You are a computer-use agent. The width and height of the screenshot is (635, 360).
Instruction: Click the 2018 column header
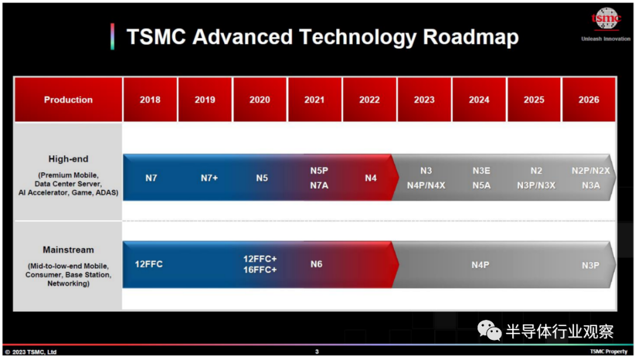point(150,99)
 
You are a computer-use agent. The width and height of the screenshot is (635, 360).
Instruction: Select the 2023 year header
point(424,99)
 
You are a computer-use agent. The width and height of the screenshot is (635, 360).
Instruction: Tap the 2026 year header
point(589,99)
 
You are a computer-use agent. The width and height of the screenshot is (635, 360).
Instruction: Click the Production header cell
point(68,99)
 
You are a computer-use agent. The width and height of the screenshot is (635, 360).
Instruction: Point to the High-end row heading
point(68,159)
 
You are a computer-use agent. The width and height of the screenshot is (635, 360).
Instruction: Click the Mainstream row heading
point(68,250)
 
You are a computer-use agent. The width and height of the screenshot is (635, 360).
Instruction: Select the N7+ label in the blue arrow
point(209,178)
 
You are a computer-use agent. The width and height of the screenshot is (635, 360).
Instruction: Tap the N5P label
point(319,171)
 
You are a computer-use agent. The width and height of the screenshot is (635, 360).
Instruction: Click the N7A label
point(319,185)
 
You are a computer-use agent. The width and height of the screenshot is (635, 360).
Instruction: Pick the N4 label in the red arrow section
point(370,178)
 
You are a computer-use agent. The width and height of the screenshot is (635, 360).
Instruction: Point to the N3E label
point(481,171)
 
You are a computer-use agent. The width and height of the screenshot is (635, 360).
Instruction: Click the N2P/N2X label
point(590,171)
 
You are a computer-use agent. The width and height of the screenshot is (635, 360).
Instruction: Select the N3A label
point(590,185)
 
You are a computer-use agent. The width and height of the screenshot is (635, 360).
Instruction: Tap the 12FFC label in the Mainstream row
point(149,264)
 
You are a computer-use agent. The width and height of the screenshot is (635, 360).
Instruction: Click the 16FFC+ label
point(260,269)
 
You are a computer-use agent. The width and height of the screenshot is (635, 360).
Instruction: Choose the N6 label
point(316,264)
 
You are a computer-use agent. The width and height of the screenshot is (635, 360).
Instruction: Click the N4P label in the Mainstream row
point(480,265)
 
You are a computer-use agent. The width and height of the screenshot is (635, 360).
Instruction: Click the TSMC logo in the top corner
point(606,19)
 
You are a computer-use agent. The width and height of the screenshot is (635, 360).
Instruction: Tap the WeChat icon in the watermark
point(489,330)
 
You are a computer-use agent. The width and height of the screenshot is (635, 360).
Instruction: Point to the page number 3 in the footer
point(317,352)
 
